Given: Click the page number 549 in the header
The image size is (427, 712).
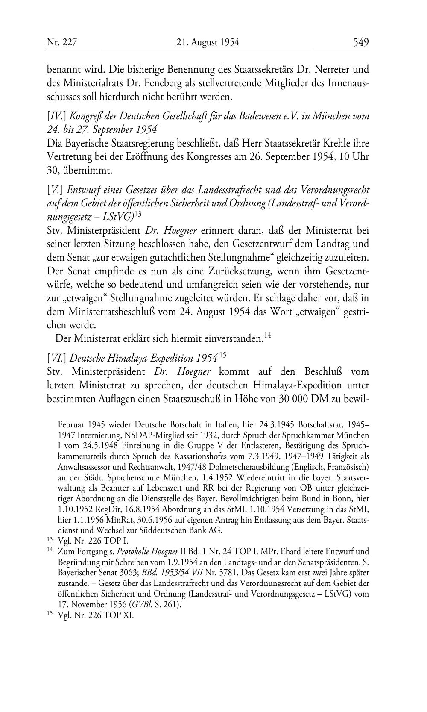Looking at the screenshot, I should tap(360, 42).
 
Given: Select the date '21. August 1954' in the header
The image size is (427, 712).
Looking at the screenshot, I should tap(208, 42).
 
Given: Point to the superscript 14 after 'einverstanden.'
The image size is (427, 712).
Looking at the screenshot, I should tap(267, 337).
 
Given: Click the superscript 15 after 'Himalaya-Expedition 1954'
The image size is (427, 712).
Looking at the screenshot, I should tap(223, 355).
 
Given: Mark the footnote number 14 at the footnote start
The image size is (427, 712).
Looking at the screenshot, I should tap(50, 551).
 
